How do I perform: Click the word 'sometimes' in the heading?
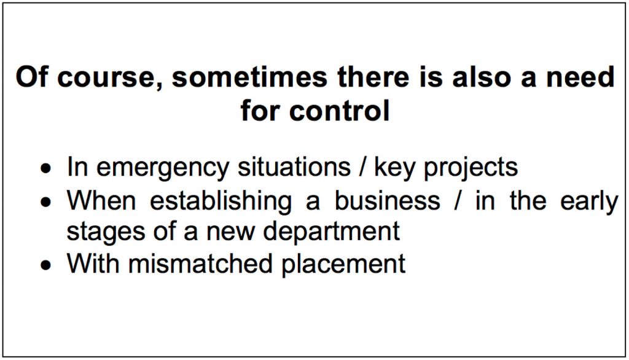coord(249,77)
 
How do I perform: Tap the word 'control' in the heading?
coord(339,111)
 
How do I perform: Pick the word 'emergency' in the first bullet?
coord(163,168)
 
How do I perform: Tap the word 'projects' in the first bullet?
coord(471,168)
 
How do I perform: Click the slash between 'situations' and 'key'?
coord(362,167)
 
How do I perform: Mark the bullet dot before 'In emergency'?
coord(46,168)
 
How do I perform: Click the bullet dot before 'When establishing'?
coord(46,202)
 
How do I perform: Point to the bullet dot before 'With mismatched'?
coord(46,265)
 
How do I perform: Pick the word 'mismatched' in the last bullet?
coord(200,264)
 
